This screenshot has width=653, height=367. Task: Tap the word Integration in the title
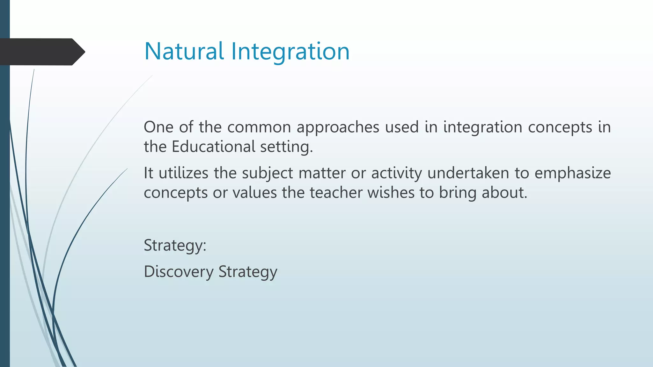tap(290, 52)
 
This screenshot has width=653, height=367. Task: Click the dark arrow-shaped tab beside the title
tap(41, 52)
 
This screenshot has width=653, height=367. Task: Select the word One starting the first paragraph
tap(158, 127)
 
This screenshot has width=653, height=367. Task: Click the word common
tap(259, 127)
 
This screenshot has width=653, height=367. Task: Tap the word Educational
tap(213, 147)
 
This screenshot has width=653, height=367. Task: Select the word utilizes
tap(183, 173)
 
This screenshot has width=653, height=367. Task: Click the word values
tap(254, 193)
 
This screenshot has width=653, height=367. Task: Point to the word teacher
tap(336, 193)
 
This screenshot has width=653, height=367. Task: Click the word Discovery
tap(179, 272)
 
